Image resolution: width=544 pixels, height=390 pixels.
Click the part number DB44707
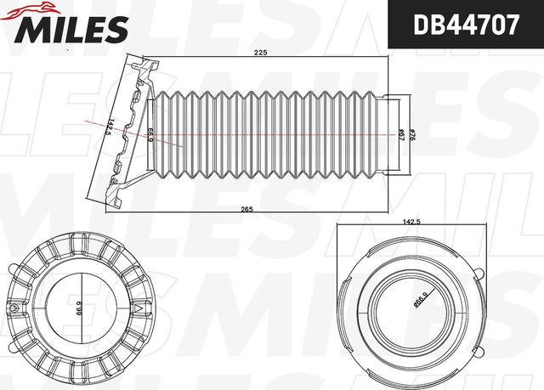[466, 25]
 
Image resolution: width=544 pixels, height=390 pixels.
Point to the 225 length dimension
[262, 54]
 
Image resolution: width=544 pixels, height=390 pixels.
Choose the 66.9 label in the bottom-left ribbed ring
[80, 308]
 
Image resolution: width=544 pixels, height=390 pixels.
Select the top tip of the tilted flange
[153, 65]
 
